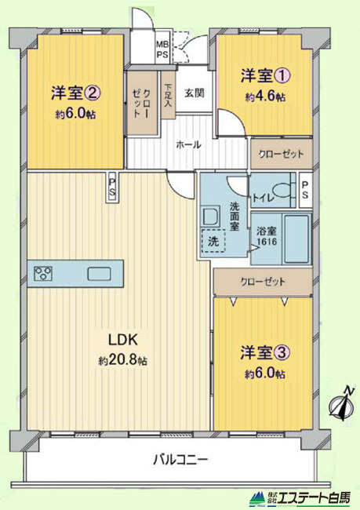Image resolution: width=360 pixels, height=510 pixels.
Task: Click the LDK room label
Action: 123,340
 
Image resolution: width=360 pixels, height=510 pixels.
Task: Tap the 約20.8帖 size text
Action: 123,361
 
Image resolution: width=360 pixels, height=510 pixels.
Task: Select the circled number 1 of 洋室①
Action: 282,76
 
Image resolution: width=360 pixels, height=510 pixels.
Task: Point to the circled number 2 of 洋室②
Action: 93,93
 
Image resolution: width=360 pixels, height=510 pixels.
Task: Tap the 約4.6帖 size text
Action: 265,97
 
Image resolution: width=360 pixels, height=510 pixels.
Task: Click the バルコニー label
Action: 180,460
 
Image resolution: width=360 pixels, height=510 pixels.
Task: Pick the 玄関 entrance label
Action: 195,93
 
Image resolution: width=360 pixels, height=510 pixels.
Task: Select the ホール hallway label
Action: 188,144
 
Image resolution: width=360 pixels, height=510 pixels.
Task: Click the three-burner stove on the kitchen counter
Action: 43,274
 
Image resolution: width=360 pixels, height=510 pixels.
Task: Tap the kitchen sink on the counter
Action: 99,274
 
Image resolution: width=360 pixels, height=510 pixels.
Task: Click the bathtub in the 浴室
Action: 296,239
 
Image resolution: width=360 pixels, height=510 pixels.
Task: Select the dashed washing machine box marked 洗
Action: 213,241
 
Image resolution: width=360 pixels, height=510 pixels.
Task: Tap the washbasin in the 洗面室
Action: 212,217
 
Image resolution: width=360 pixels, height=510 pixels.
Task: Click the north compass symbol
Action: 341,403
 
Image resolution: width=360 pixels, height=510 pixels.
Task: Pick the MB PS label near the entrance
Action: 162,49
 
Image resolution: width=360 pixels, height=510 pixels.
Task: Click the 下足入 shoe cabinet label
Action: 168,96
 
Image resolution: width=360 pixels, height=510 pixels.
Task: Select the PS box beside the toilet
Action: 305,190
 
